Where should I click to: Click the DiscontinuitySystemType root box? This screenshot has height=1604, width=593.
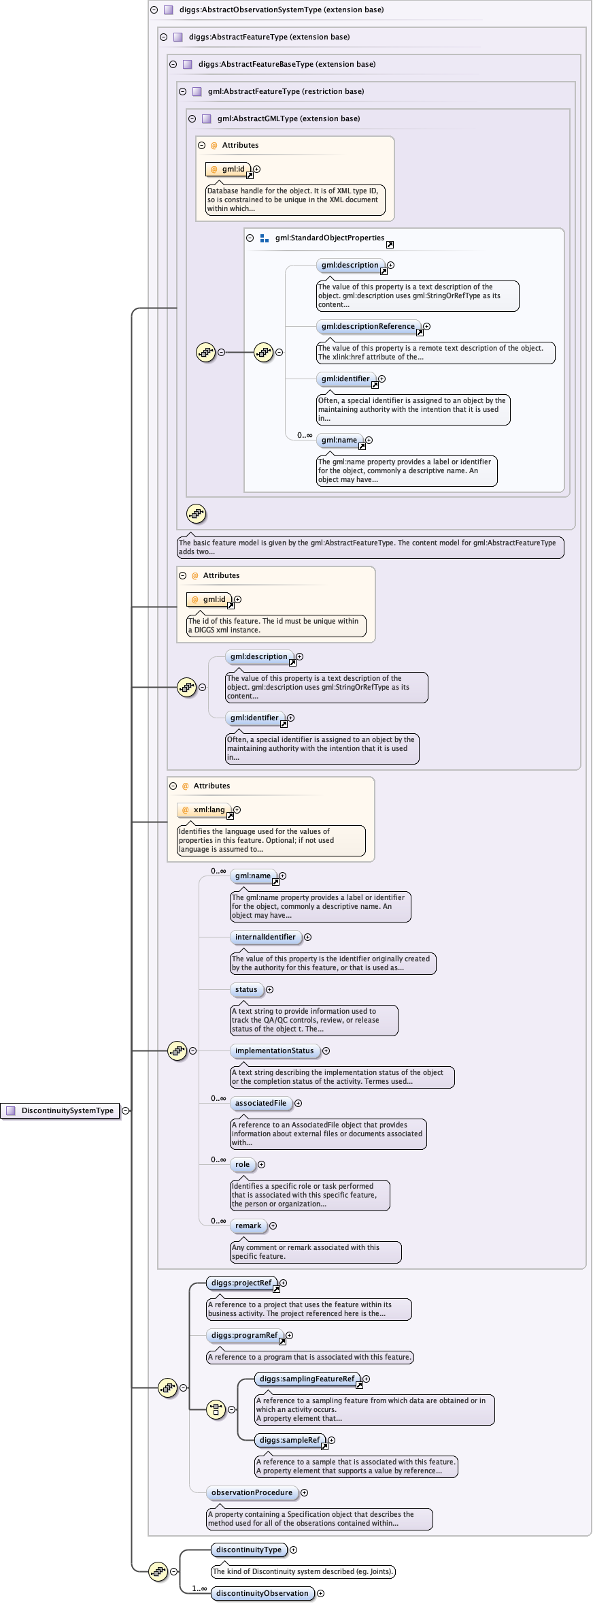(x=61, y=1110)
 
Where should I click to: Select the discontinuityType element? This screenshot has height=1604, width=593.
(x=249, y=1550)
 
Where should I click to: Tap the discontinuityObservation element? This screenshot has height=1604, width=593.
(x=262, y=1593)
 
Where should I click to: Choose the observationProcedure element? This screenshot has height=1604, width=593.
(x=252, y=1492)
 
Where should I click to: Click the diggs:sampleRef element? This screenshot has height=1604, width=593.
(x=289, y=1440)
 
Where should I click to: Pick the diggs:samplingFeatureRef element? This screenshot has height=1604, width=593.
(x=307, y=1379)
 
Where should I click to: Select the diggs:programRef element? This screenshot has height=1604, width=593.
(x=244, y=1335)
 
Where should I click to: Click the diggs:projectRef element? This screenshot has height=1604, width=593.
(x=241, y=1283)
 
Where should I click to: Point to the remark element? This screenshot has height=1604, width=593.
(x=248, y=1225)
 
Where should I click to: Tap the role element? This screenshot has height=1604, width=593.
(x=242, y=1164)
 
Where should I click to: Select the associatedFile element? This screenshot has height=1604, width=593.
(x=260, y=1103)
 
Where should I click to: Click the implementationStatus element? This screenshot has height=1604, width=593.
(x=274, y=1050)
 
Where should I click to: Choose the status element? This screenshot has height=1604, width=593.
(x=246, y=989)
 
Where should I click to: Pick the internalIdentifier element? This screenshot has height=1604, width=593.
(x=265, y=937)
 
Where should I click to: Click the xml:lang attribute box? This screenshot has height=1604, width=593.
(x=204, y=810)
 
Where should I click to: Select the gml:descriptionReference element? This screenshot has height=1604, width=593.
(x=368, y=326)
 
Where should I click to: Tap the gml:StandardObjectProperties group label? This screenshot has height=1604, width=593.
(x=329, y=238)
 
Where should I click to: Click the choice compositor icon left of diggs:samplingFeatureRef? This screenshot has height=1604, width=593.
(x=216, y=1409)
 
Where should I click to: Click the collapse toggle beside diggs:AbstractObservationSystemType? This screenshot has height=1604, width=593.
(x=154, y=10)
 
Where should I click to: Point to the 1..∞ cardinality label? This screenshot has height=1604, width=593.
(x=199, y=1588)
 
